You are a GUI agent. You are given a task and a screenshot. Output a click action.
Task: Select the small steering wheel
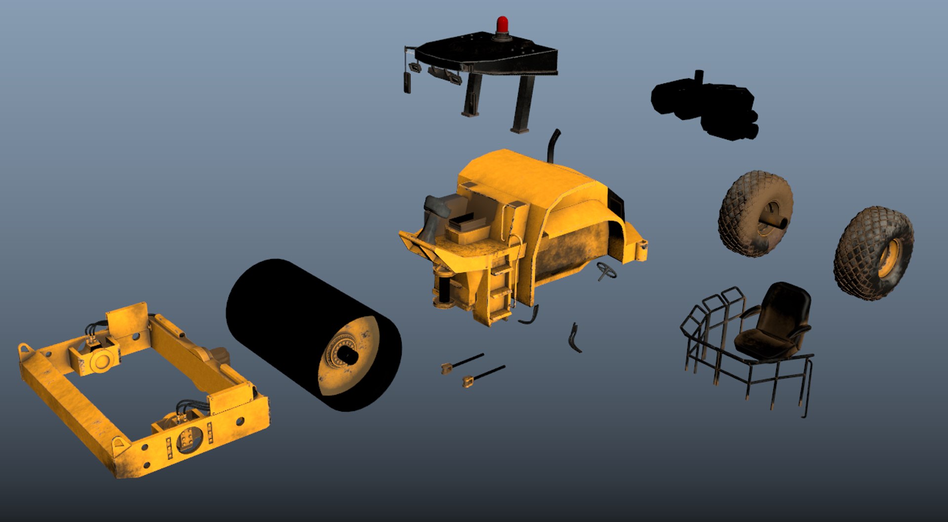[x=606, y=270]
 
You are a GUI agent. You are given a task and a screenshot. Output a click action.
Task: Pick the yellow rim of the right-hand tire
[x=890, y=257]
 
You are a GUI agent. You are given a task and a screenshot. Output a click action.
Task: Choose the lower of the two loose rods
[x=484, y=375]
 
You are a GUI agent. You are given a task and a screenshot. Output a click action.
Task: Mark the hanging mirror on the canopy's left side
[x=407, y=81]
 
